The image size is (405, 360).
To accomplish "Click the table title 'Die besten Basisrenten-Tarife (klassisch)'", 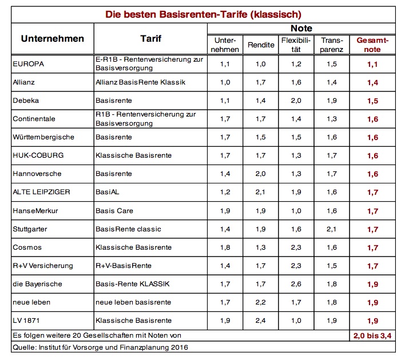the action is pyautogui.click(x=203, y=14).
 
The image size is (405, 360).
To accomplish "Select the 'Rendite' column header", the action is pyautogui.click(x=261, y=45).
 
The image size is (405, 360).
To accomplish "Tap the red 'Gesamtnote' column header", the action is pyautogui.click(x=372, y=45).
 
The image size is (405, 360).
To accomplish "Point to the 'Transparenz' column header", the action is pyautogui.click(x=332, y=45).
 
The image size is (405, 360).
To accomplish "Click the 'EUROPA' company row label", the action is pyautogui.click(x=29, y=64).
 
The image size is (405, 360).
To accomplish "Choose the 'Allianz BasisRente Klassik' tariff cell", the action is pyautogui.click(x=141, y=82).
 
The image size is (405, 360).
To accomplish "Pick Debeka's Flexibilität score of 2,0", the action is pyautogui.click(x=296, y=101).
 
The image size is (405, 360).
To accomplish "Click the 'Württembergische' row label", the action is pyautogui.click(x=43, y=137).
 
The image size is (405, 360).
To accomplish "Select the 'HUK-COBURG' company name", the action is pyautogui.click(x=38, y=155).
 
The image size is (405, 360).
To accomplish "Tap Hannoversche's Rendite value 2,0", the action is pyautogui.click(x=261, y=174).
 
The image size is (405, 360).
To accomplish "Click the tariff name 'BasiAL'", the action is pyautogui.click(x=108, y=192).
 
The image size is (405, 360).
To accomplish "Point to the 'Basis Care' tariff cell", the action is pyautogui.click(x=114, y=211).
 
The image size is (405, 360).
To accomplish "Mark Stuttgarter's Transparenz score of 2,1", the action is pyautogui.click(x=332, y=229).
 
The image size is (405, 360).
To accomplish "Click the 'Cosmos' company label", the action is pyautogui.click(x=27, y=247).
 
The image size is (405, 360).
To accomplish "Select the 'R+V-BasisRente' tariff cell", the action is pyautogui.click(x=124, y=266).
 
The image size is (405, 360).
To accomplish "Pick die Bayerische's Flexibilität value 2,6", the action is pyautogui.click(x=296, y=284).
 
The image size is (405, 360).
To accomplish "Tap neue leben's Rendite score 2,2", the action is pyautogui.click(x=261, y=302).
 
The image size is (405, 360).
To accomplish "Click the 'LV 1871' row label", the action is pyautogui.click(x=26, y=321).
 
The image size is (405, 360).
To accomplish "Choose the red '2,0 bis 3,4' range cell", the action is pyautogui.click(x=372, y=336).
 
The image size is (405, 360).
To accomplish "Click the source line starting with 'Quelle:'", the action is pyautogui.click(x=101, y=347).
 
